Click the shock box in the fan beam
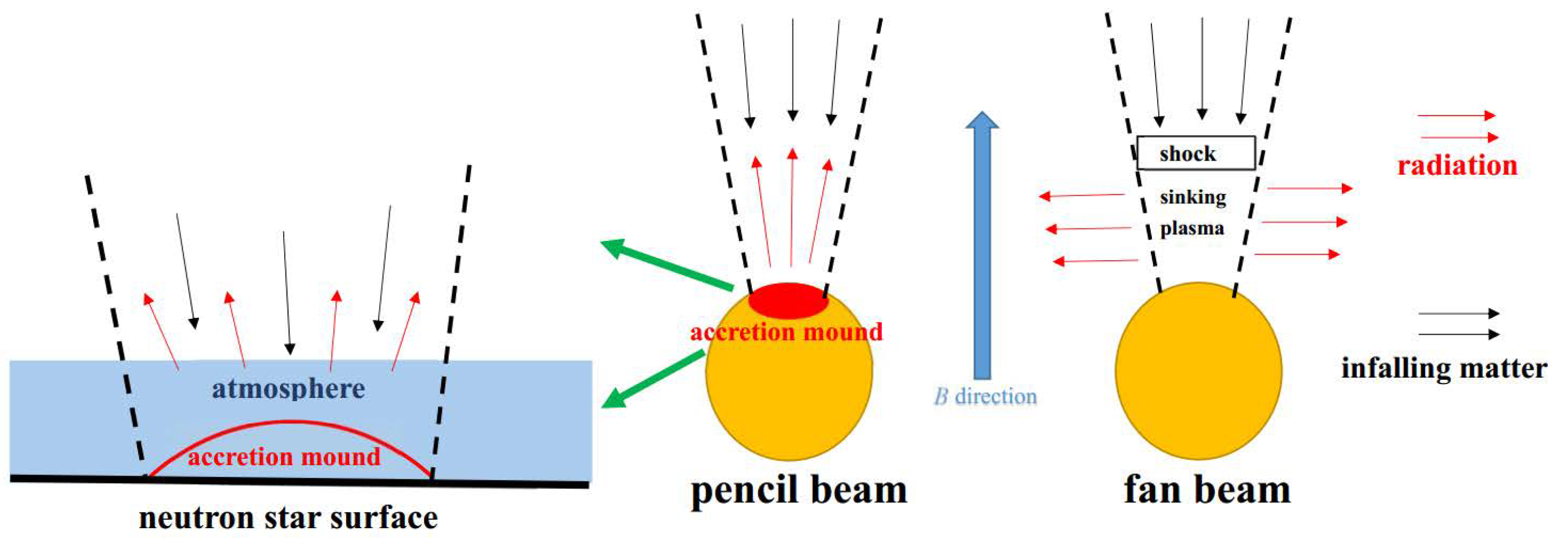click(1195, 153)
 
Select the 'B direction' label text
click(985, 397)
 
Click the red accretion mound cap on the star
click(788, 300)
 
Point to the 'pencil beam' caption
click(799, 491)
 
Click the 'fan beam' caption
click(1207, 489)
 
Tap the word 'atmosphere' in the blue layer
click(288, 388)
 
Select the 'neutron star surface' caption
click(288, 518)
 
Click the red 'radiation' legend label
click(1457, 165)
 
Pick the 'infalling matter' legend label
click(1444, 368)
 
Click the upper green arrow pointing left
click(666, 264)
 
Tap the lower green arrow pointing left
click(654, 380)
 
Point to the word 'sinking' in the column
click(1193, 197)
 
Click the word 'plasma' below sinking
click(1192, 228)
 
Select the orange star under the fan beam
click(1198, 371)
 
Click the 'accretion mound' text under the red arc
click(284, 457)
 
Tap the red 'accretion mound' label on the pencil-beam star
click(786, 332)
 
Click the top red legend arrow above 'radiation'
click(1456, 115)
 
